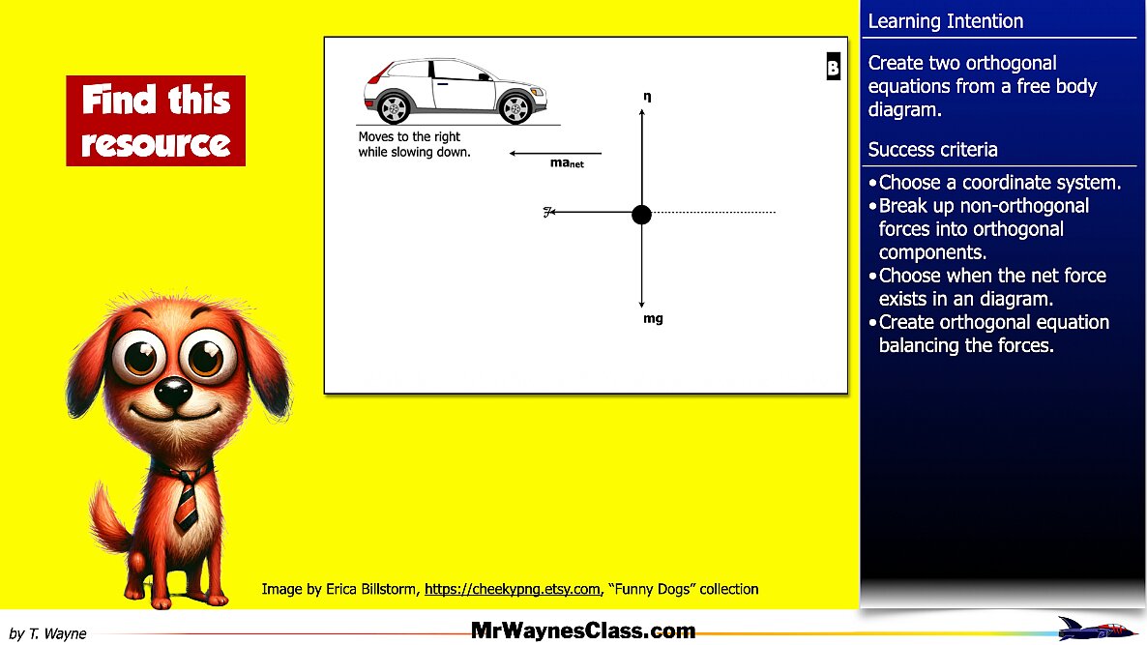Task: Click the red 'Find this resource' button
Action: click(x=156, y=121)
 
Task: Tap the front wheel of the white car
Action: click(x=515, y=106)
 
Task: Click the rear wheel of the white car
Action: click(x=394, y=106)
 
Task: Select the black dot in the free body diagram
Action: click(x=641, y=214)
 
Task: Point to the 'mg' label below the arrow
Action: click(x=653, y=318)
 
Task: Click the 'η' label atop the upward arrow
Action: click(x=646, y=97)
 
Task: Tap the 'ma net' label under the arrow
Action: click(x=567, y=163)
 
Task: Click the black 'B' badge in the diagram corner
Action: click(x=833, y=68)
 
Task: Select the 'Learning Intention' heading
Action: click(x=945, y=21)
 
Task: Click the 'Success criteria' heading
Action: click(x=932, y=150)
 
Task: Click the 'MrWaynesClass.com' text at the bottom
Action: click(x=583, y=631)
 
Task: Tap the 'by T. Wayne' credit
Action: click(x=47, y=634)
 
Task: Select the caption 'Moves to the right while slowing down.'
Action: click(x=414, y=145)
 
